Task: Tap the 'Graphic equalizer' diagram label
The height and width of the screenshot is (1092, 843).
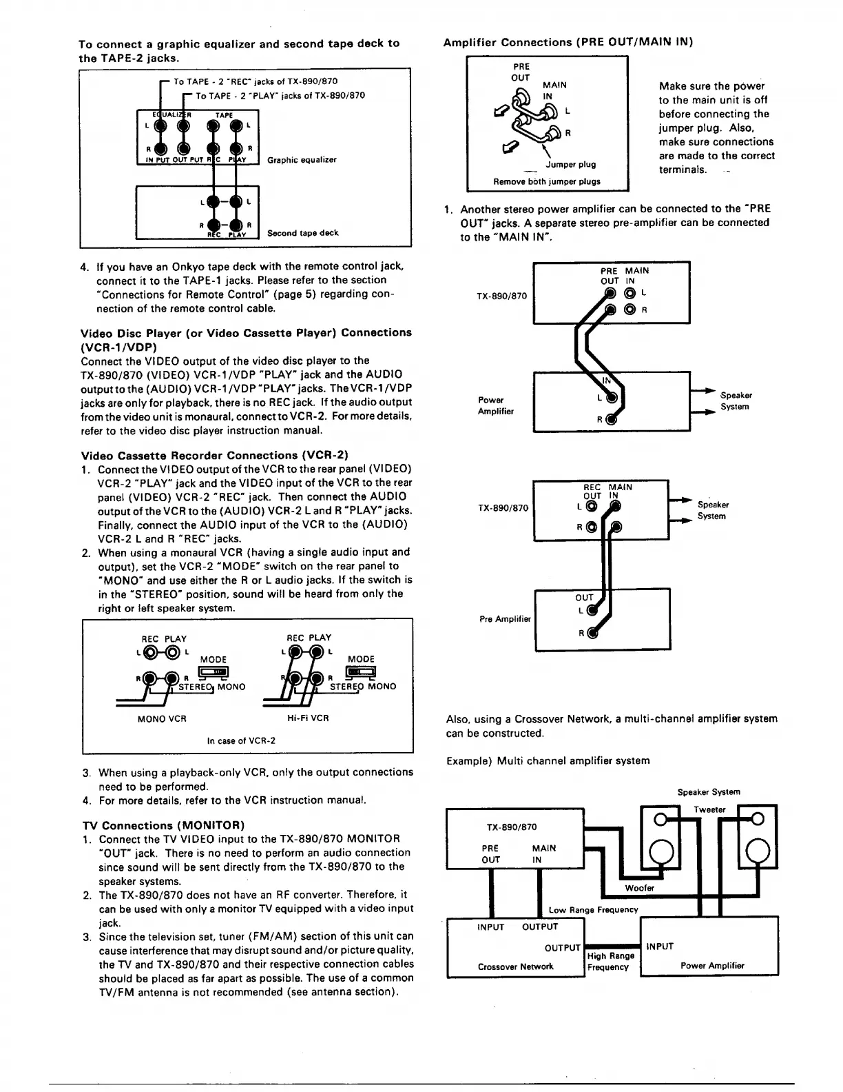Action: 302,160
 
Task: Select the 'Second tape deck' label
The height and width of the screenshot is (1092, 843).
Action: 302,233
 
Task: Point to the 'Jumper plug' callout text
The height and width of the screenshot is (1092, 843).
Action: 571,165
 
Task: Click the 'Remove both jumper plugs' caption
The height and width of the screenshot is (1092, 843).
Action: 547,181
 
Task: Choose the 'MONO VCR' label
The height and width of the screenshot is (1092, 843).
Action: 162,718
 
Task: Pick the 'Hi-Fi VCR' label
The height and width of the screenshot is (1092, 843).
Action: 308,718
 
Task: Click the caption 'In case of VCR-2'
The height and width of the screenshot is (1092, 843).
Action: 241,741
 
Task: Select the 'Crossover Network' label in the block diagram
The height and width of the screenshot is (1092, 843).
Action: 515,967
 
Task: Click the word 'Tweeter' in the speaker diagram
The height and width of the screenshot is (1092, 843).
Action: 709,810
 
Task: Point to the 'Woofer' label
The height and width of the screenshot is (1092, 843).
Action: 640,888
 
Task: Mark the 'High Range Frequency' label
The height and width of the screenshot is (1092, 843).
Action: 611,962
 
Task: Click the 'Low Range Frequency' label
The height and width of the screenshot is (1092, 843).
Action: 593,910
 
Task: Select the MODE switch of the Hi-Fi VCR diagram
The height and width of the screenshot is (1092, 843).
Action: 361,671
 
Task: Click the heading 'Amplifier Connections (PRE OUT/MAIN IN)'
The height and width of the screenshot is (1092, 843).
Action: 568,42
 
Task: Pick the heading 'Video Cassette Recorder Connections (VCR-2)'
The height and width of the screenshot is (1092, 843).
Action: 215,455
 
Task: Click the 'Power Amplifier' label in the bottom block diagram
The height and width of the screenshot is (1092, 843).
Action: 712,966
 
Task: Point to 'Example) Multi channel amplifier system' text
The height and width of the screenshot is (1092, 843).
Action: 548,760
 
